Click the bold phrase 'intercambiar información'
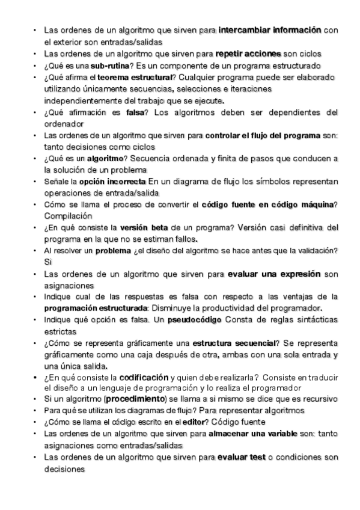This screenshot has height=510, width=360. (x=270, y=30)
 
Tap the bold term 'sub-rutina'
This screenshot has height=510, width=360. (x=112, y=65)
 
